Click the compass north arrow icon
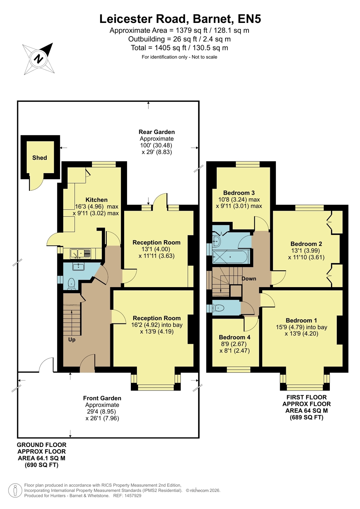tap(39, 59)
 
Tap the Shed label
tap(39, 158)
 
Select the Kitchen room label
tap(96, 200)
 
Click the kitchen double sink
tap(81, 253)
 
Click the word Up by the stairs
tap(72, 340)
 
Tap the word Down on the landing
tap(249, 279)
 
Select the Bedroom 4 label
tap(235, 337)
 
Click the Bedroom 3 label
tap(239, 193)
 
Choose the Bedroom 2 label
tap(306, 244)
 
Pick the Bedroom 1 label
tap(301, 321)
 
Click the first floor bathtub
tap(231, 257)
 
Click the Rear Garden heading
tap(157, 132)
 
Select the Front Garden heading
tap(102, 398)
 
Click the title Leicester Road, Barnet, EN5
tap(180, 19)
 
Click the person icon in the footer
tap(15, 491)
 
